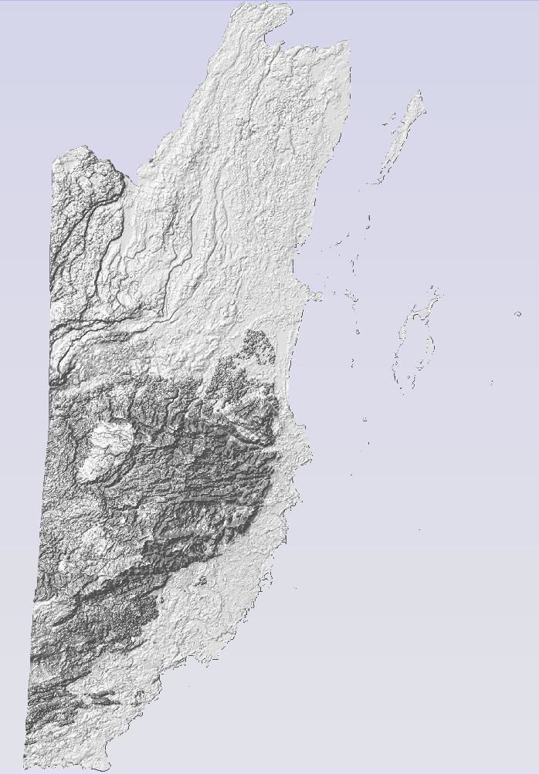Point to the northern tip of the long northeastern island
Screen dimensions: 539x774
pyautogui.click(x=421, y=93)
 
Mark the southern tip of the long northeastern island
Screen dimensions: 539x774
pyautogui.click(x=371, y=184)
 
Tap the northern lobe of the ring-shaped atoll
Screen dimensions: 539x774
pyautogui.click(x=435, y=293)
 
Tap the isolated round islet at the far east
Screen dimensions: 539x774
pyautogui.click(x=517, y=314)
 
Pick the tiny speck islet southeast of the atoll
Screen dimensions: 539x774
pyautogui.click(x=492, y=383)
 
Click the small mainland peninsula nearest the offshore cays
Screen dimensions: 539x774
pyautogui.click(x=314, y=295)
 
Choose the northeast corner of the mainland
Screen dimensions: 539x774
pyautogui.click(x=347, y=42)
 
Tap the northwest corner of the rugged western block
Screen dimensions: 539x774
pyautogui.click(x=54, y=162)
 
